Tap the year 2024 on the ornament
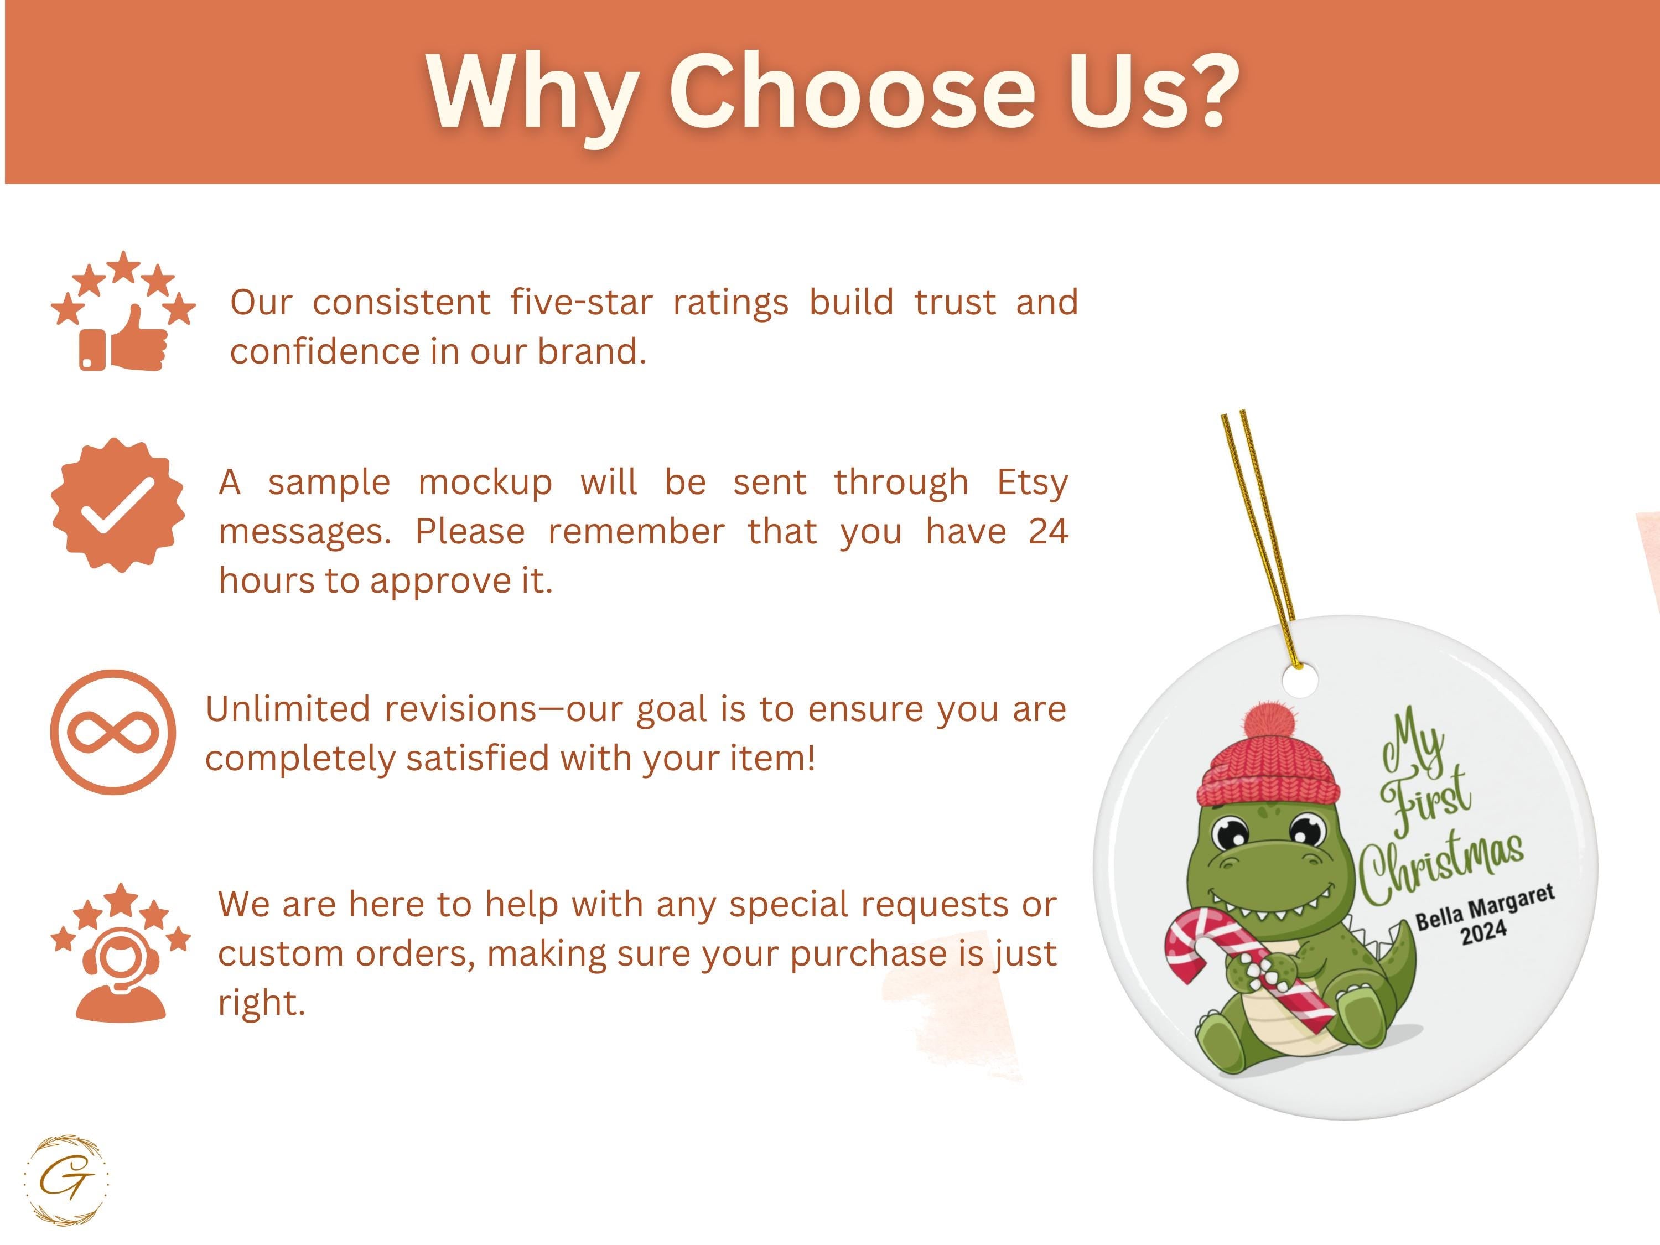(x=1483, y=933)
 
